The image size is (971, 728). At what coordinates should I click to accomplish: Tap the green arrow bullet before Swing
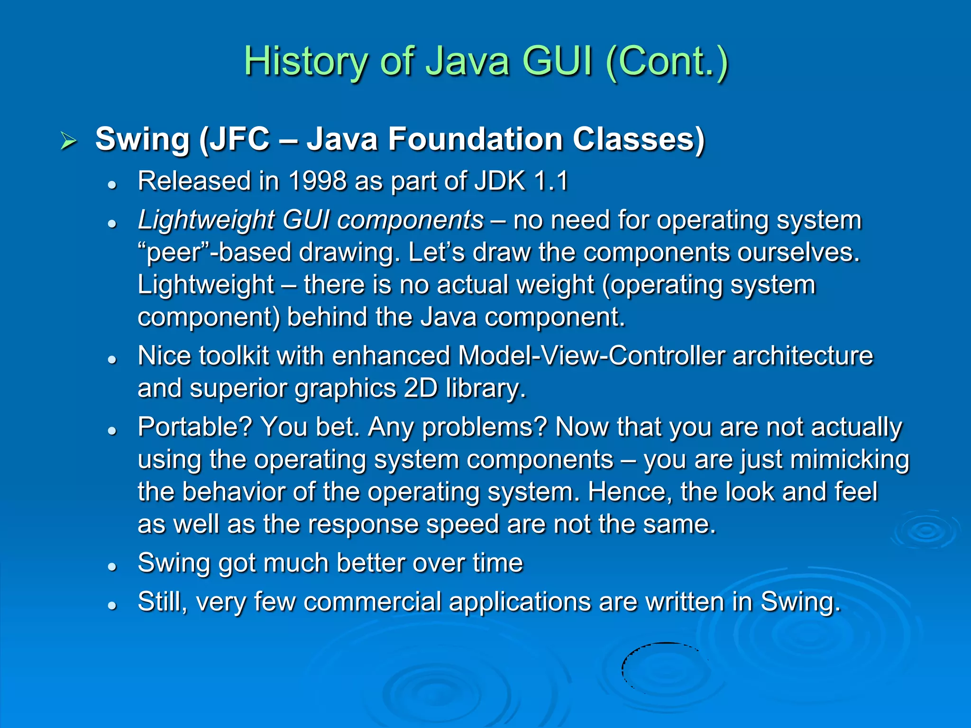(x=68, y=141)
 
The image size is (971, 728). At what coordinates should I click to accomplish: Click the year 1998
(x=317, y=181)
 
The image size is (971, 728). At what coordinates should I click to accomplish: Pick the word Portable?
(x=195, y=427)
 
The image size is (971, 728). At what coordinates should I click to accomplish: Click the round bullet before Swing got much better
(x=112, y=566)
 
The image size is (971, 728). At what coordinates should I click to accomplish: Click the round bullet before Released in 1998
(x=112, y=184)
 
